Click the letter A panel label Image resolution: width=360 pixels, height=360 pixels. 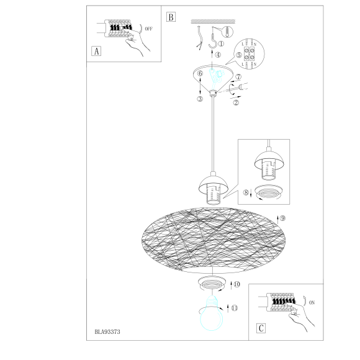pyautogui.click(x=96, y=51)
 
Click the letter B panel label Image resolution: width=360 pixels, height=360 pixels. pyautogui.click(x=171, y=17)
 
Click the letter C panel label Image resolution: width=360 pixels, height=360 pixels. pyautogui.click(x=261, y=328)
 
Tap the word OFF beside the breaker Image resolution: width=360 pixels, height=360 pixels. pyautogui.click(x=148, y=29)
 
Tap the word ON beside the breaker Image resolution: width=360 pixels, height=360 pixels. pyautogui.click(x=312, y=303)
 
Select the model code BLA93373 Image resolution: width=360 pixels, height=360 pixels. pyautogui.click(x=107, y=332)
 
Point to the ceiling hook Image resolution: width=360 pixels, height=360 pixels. pyautogui.click(x=213, y=38)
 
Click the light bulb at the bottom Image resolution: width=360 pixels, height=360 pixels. pyautogui.click(x=212, y=313)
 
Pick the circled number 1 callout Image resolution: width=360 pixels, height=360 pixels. pyautogui.click(x=221, y=43)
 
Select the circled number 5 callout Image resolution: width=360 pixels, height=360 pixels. pyautogui.click(x=239, y=55)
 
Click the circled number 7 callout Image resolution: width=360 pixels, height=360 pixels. pyautogui.click(x=238, y=77)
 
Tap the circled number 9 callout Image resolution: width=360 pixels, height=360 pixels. pyautogui.click(x=283, y=218)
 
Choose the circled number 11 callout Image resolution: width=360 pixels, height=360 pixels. pyautogui.click(x=235, y=308)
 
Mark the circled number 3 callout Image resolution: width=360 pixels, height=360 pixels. pyautogui.click(x=200, y=99)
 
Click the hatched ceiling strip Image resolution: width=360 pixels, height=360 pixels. pyautogui.click(x=213, y=21)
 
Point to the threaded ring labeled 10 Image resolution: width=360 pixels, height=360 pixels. pyautogui.click(x=212, y=284)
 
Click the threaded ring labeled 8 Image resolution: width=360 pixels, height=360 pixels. pyautogui.click(x=268, y=192)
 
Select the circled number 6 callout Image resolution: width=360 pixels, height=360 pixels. pyautogui.click(x=200, y=73)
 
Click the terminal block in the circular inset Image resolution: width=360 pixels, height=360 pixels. pyautogui.click(x=249, y=54)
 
